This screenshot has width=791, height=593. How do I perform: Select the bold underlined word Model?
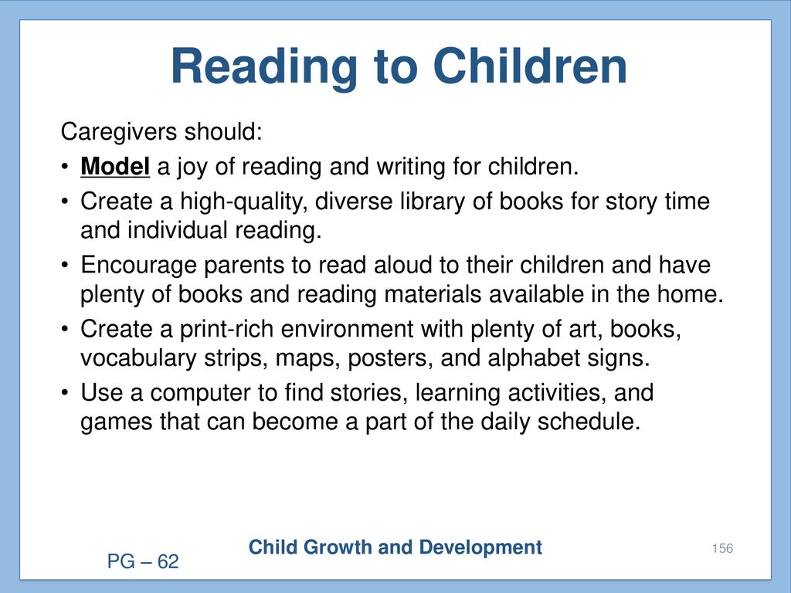[115, 166]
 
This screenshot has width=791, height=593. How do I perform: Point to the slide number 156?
[722, 548]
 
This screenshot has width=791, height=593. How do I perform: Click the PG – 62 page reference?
[143, 561]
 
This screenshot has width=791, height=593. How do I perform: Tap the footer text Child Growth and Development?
[395, 547]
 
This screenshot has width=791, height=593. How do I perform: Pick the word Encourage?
[139, 266]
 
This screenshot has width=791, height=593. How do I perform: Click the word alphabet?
[534, 358]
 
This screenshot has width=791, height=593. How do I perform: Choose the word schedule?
[589, 421]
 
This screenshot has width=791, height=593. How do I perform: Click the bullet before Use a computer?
[64, 393]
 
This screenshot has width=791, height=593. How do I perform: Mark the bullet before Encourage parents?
[64, 266]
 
